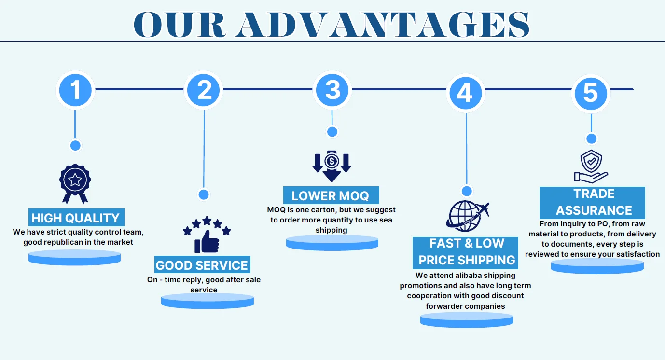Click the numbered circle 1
75,90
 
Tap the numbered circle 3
332,90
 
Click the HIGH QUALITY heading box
75,218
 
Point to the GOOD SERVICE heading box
202,265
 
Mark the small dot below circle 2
204,194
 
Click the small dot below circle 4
466,191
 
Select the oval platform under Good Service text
208,301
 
